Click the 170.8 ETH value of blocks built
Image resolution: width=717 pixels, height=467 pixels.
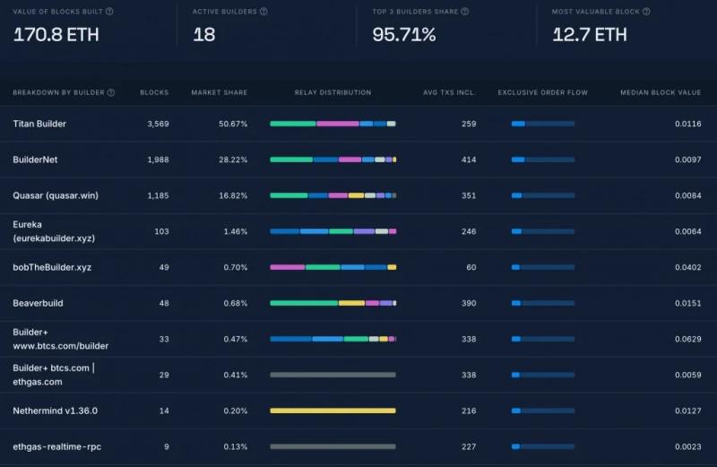[x=56, y=35]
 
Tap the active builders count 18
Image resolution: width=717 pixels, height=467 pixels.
[x=204, y=35]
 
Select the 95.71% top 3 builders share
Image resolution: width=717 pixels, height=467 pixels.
[x=404, y=35]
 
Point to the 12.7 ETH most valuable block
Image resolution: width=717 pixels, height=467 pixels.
[x=590, y=35]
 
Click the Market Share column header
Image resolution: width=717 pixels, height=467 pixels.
[x=220, y=92]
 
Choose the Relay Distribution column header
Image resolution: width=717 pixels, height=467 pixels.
[x=333, y=92]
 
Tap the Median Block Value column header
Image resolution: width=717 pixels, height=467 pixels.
[x=661, y=92]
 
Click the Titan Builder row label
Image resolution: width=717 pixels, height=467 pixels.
[x=39, y=124]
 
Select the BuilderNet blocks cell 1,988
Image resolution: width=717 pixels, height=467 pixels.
[x=158, y=160]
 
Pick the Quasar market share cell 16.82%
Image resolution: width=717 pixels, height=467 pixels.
[x=233, y=195]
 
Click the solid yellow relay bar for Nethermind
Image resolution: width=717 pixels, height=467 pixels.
[x=333, y=411]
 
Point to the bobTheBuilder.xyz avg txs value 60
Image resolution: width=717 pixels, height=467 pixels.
[x=471, y=268]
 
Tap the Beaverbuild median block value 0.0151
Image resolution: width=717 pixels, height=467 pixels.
[x=687, y=303]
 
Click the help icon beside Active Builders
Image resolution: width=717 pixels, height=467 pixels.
[x=263, y=12]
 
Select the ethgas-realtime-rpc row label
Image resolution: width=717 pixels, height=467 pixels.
[x=56, y=447]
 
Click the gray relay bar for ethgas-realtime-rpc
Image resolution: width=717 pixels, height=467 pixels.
[x=333, y=446]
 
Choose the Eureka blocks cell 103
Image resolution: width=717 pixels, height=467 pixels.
[x=161, y=231]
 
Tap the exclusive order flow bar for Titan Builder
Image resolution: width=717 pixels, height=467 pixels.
[x=543, y=124]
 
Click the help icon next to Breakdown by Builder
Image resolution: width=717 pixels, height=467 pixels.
[x=110, y=92]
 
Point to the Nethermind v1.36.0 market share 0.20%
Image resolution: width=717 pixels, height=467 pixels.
[x=235, y=411]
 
